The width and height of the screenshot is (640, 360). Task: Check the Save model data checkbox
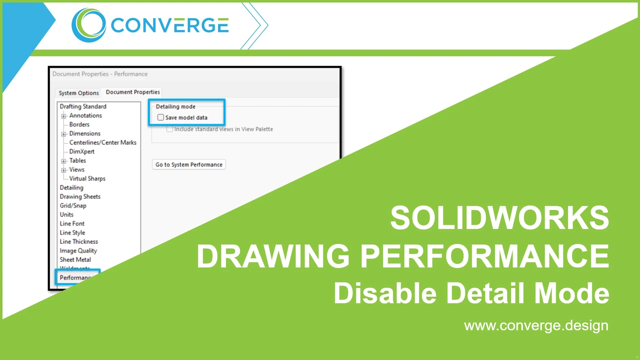(x=161, y=117)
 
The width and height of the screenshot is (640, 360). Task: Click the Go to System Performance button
(x=189, y=165)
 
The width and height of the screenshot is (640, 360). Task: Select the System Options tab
(x=79, y=93)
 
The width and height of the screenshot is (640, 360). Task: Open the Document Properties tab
(x=133, y=92)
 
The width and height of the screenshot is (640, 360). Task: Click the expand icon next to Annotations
(x=63, y=116)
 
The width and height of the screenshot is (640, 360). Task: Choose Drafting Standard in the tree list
(x=83, y=106)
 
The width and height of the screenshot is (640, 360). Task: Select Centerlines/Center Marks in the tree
(x=103, y=142)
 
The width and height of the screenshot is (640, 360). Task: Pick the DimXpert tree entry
(x=82, y=151)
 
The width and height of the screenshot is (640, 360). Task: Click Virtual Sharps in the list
(x=87, y=178)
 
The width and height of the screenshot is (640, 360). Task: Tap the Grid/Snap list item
(x=73, y=205)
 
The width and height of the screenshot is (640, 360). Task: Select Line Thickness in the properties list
(x=79, y=241)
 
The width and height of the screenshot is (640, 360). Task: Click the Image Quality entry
(x=78, y=250)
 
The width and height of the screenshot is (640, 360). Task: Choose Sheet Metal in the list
(x=75, y=259)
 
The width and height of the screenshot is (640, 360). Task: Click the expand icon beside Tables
(x=63, y=161)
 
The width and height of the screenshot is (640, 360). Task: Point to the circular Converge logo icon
(x=89, y=25)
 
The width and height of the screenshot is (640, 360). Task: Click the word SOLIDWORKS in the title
(x=499, y=218)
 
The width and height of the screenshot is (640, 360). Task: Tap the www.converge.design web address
(x=536, y=325)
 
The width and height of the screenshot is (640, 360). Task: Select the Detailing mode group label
(x=175, y=107)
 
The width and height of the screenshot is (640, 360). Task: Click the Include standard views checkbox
(x=170, y=129)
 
